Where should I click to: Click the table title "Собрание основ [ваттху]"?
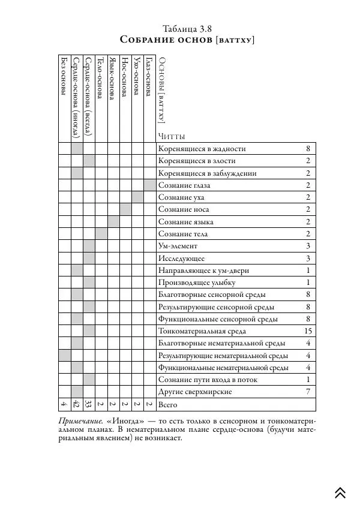187,40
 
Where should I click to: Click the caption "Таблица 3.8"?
187,28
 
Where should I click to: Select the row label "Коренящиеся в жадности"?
202,149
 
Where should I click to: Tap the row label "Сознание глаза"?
184,185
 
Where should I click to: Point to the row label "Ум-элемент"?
178,246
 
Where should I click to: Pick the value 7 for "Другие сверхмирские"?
308,391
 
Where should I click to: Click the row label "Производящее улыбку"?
197,282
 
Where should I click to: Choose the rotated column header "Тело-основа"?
101,78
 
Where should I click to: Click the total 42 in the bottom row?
76,404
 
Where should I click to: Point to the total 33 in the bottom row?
89,404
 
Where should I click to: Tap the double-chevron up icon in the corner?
340,492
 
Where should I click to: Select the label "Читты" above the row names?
172,136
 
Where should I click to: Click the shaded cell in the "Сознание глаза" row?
149,185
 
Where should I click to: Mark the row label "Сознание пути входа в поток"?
209,379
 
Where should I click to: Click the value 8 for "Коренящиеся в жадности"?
308,149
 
